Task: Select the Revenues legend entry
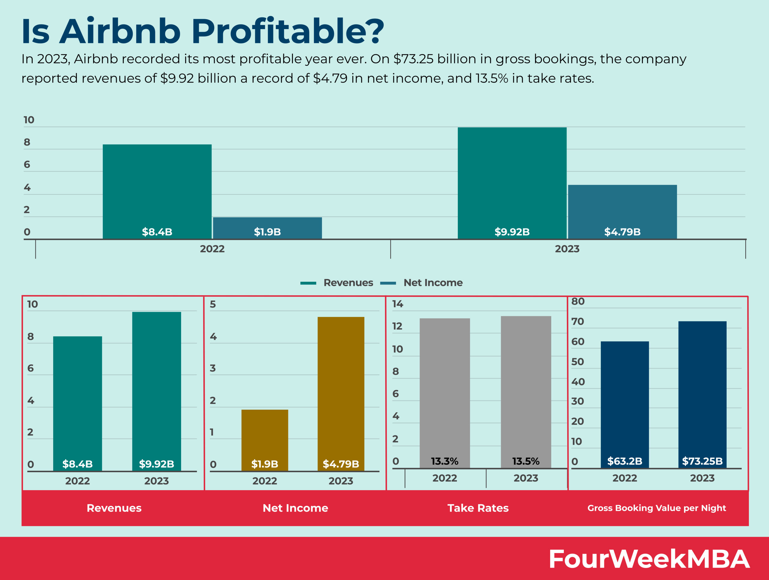pyautogui.click(x=336, y=283)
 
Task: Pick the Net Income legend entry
pyautogui.click(x=421, y=283)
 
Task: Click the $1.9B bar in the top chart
pyautogui.click(x=267, y=228)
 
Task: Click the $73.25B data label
pyautogui.click(x=702, y=461)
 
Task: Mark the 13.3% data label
pyautogui.click(x=444, y=461)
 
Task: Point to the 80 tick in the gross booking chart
pyautogui.click(x=578, y=302)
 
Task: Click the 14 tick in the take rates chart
pyautogui.click(x=397, y=304)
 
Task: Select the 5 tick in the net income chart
pyautogui.click(x=213, y=305)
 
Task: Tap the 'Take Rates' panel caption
pyautogui.click(x=478, y=508)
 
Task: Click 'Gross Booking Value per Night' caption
pyautogui.click(x=656, y=508)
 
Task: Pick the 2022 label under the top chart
pyautogui.click(x=212, y=249)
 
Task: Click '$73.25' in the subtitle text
pyautogui.click(x=413, y=59)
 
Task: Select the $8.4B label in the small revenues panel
pyautogui.click(x=77, y=464)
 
